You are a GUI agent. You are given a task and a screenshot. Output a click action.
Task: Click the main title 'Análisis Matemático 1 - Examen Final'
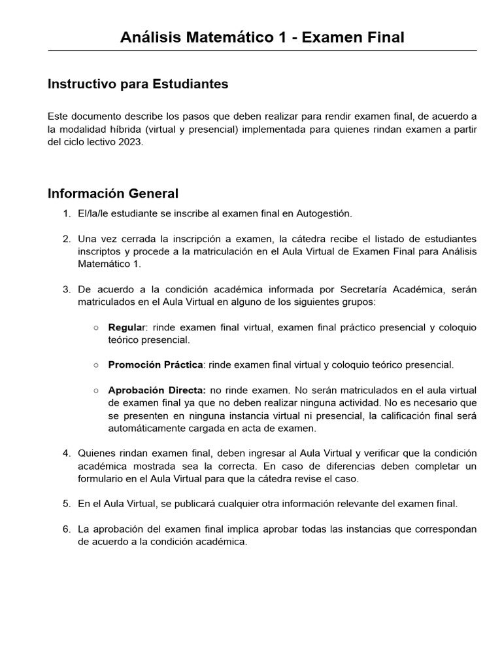pyautogui.click(x=262, y=38)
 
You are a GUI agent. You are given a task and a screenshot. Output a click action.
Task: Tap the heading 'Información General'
pyautogui.click(x=113, y=194)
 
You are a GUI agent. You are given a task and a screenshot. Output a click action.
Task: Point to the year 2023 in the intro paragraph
pyautogui.click(x=129, y=141)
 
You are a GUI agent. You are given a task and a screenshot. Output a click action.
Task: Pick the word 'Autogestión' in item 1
pyautogui.click(x=324, y=213)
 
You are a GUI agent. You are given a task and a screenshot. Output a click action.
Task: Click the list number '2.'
pyautogui.click(x=67, y=238)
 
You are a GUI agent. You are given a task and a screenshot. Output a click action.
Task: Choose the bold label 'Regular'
pyautogui.click(x=129, y=327)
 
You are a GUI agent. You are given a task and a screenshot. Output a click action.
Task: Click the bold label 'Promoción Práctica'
pyautogui.click(x=156, y=365)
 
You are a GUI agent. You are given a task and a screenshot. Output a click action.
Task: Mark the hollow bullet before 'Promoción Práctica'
pyautogui.click(x=96, y=365)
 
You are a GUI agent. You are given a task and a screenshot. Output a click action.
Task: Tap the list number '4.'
pyautogui.click(x=67, y=453)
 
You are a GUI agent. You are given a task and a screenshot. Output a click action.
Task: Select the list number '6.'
pyautogui.click(x=67, y=529)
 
